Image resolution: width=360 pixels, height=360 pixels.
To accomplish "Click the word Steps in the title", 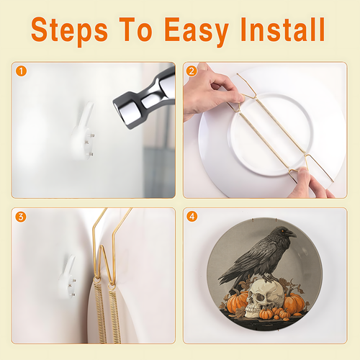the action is coord(69,31).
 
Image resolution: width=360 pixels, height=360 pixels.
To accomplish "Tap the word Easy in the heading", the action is coord(197,31).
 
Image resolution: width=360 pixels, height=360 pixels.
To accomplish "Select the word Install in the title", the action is coord(282,30).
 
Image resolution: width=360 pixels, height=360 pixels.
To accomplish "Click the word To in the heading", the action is coord(135,30).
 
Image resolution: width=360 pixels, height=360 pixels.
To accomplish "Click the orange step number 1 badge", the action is coord(21,71).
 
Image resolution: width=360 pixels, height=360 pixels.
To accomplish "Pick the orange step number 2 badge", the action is coord(192,71).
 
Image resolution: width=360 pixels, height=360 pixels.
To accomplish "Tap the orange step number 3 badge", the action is coord(21,217).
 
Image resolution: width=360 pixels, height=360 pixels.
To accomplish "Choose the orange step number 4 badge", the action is coord(192,217).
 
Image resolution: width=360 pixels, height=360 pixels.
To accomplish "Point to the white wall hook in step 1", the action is coord(83,131).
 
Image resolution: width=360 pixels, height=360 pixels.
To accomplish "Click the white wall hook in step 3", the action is coord(68,277).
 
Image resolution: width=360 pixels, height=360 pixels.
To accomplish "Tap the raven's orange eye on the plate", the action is coord(283,231).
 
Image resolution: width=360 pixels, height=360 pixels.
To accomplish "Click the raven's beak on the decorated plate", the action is coord(291,233).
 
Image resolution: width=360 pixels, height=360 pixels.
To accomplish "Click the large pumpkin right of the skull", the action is coord(294,303).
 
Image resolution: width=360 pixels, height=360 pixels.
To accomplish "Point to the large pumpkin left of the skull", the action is coord(236,303).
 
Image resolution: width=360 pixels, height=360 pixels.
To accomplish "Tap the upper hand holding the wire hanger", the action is coord(211,91).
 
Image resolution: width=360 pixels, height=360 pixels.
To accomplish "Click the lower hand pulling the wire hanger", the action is coord(310,184).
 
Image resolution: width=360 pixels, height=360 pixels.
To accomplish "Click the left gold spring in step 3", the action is coord(100,312).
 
